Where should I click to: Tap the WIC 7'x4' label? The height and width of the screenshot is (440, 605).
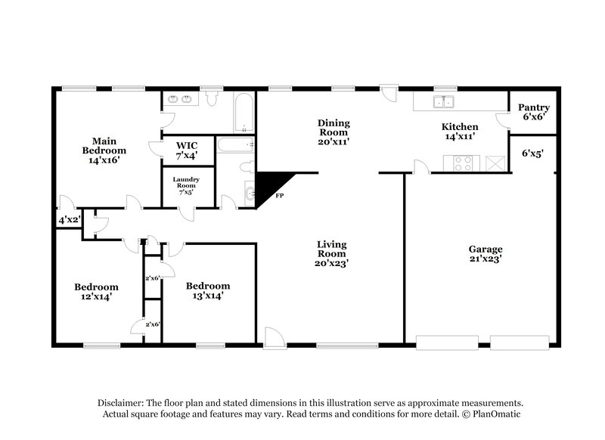pyautogui.click(x=187, y=150)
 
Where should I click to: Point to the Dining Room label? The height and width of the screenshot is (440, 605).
pyautogui.click(x=333, y=132)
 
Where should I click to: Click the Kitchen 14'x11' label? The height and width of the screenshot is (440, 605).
pyautogui.click(x=460, y=132)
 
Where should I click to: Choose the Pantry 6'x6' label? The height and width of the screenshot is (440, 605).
pyautogui.click(x=533, y=112)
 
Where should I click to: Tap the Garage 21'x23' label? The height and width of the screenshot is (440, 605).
pyautogui.click(x=486, y=254)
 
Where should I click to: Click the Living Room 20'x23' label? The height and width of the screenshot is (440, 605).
pyautogui.click(x=331, y=253)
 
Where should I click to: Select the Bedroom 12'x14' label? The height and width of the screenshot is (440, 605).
pyautogui.click(x=96, y=292)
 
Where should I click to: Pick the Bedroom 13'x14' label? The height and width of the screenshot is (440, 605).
pyautogui.click(x=208, y=290)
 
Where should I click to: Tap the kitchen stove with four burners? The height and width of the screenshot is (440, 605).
pyautogui.click(x=462, y=160)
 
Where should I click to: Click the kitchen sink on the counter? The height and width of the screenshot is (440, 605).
pyautogui.click(x=443, y=103)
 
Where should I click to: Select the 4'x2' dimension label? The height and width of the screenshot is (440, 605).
pyautogui.click(x=69, y=221)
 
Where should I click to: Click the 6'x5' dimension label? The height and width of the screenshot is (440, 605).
pyautogui.click(x=533, y=153)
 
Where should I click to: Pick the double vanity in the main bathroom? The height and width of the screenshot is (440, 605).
pyautogui.click(x=181, y=99)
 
